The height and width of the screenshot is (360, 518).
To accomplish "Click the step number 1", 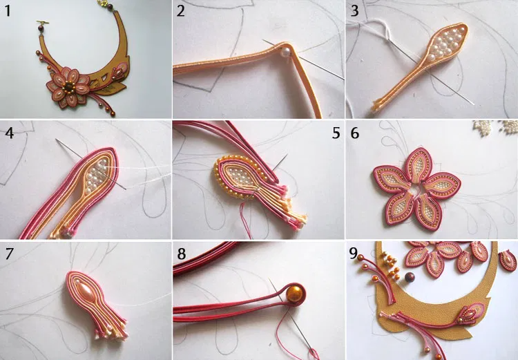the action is tap(8, 11).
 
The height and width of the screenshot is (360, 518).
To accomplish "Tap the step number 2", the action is tap(180, 11).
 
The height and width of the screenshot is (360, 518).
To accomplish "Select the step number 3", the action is tap(354, 11).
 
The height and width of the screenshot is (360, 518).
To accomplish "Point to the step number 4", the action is tap(9, 133).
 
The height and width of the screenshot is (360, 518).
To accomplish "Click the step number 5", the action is tap(336, 133).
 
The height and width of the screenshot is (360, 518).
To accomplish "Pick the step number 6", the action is tap(354, 133).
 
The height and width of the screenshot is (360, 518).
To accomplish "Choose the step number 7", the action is tap(9, 254).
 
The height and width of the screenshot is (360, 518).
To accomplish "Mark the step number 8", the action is tap(182, 254).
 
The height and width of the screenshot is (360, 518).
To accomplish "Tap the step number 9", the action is tap(354, 254).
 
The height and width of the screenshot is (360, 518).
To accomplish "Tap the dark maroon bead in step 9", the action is tap(410, 277).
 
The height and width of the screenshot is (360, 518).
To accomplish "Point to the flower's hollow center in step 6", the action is tap(416, 189).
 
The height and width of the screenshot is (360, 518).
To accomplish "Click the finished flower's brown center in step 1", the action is tap(68, 87).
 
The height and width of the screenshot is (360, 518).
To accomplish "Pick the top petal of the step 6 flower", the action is tap(418, 164).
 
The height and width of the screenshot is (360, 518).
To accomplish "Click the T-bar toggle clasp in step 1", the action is tap(43, 23).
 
